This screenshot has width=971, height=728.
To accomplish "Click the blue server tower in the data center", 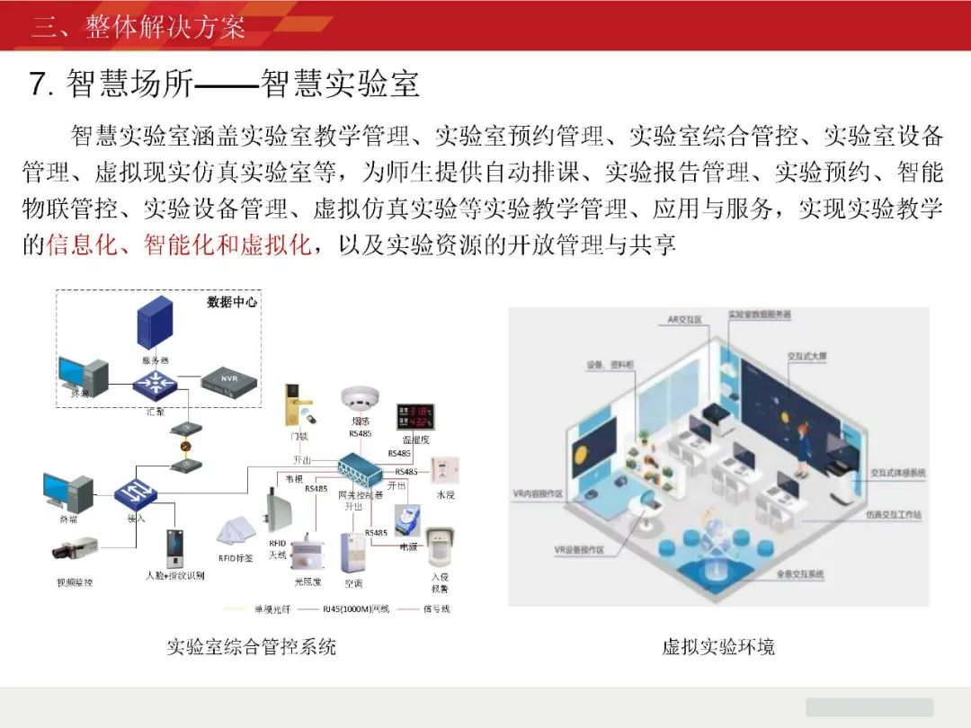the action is pos(155,325).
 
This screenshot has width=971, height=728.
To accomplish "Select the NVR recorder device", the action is pos(228,379).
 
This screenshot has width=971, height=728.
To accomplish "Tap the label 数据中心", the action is pos(232,302).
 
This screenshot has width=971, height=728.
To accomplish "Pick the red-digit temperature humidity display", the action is pos(415,417).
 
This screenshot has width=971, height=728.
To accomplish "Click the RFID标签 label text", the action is pos(236,557).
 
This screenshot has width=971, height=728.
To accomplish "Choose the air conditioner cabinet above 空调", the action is pos(352,552).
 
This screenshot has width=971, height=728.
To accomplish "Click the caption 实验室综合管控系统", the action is pos(251,646).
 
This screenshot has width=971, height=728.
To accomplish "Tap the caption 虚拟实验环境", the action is pos(717,646).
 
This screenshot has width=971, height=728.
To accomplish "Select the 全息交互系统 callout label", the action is pos(799,573).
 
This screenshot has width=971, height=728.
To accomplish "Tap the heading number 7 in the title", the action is pos(38,84).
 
